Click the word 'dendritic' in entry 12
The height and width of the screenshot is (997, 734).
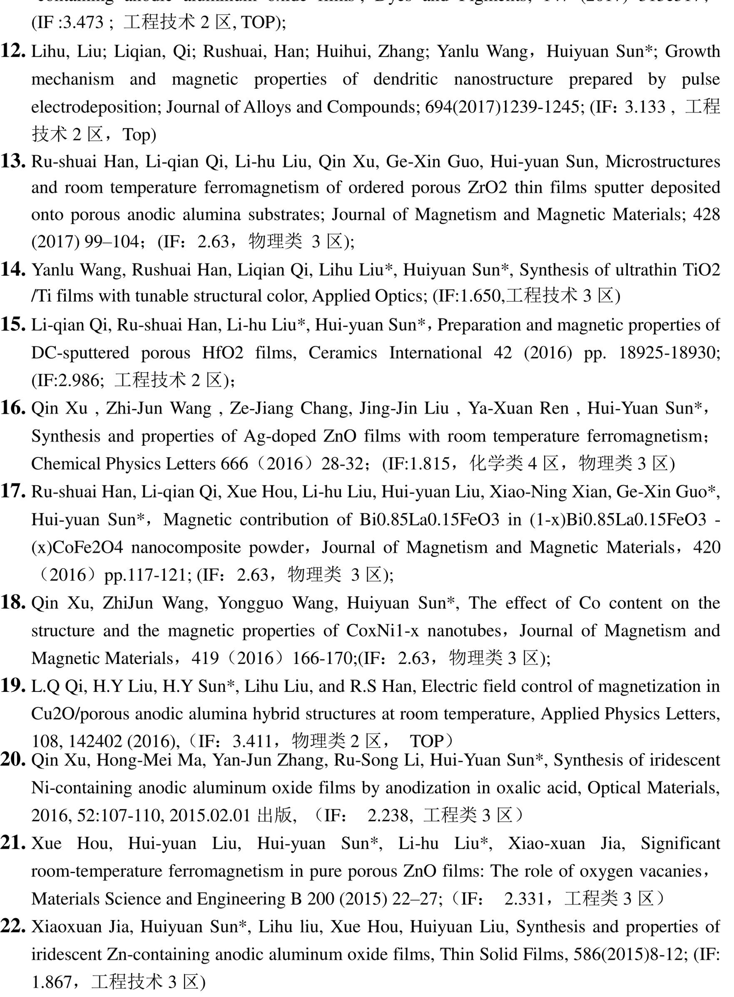pyautogui.click(x=405, y=79)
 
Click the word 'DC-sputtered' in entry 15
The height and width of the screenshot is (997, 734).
pyautogui.click(x=81, y=353)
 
